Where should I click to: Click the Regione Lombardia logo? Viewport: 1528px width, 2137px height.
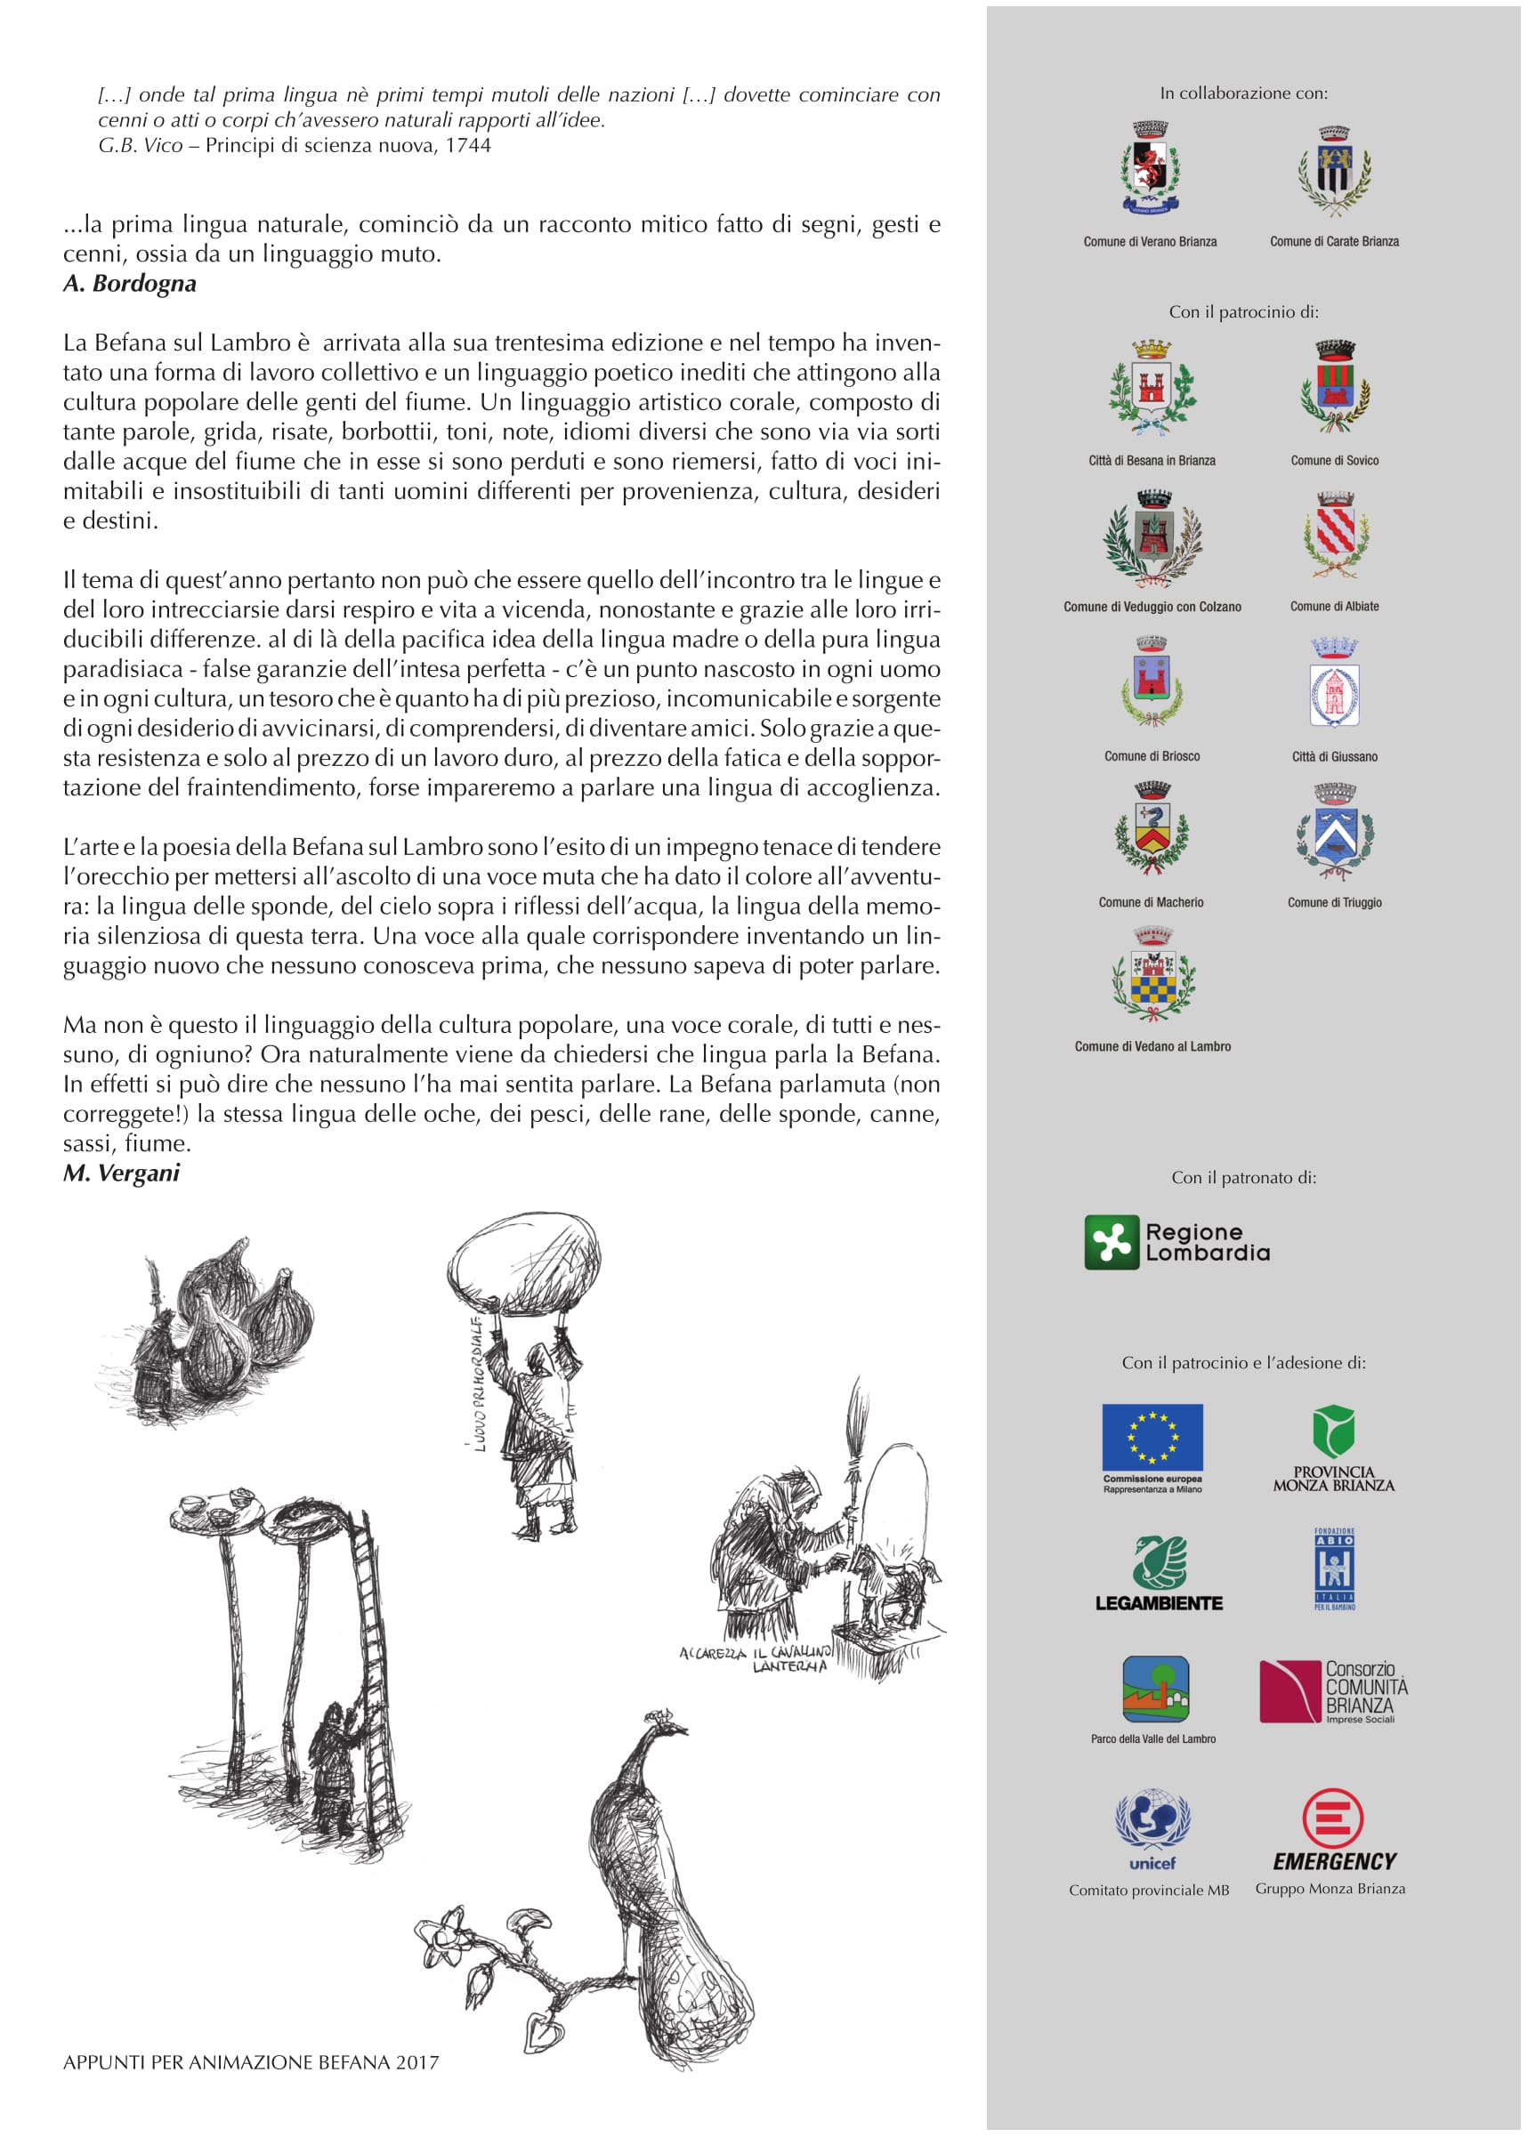coord(1176,1242)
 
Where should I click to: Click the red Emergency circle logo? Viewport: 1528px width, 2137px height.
coord(1332,1818)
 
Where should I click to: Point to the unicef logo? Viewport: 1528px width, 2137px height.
coord(1152,1828)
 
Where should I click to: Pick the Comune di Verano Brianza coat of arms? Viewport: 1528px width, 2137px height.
coord(1150,168)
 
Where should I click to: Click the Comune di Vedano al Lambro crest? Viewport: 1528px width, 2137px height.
coord(1152,975)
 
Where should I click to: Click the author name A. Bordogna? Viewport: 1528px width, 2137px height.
coord(130,284)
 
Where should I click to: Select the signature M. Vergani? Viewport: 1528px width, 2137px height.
coord(121,1173)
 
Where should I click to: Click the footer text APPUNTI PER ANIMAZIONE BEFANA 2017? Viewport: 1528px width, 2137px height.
coord(251,2062)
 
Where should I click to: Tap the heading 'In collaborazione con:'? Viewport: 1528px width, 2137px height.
coord(1244,93)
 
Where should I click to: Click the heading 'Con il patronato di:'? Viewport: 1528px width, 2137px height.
coord(1244,1178)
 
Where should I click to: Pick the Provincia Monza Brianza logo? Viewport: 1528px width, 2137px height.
coord(1333,1448)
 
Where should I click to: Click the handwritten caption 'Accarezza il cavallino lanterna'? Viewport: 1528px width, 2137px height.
coord(757,1657)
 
